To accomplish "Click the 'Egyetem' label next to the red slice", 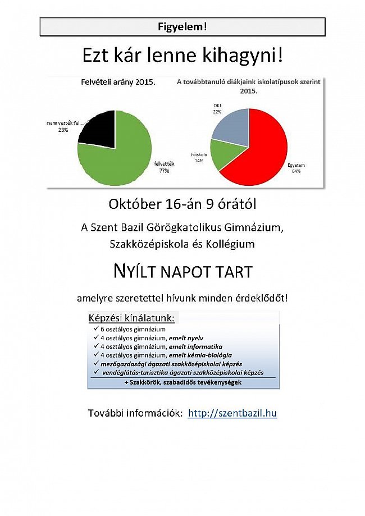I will (296, 165).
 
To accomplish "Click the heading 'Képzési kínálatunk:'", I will (131, 318).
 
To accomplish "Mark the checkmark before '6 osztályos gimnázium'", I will (96, 329).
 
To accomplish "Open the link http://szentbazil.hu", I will (232, 414).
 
